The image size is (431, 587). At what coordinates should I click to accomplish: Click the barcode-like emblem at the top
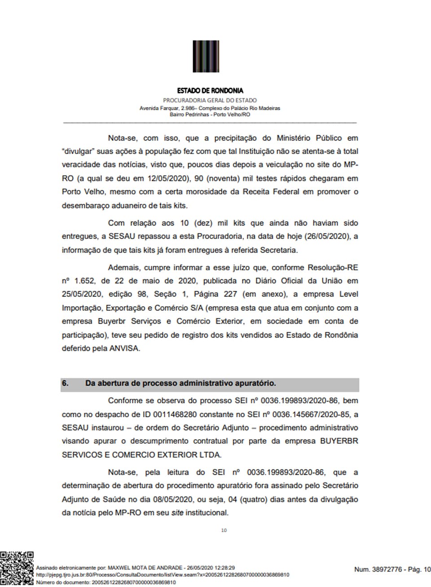coord(206,56)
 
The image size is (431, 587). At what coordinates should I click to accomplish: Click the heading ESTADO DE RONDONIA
coord(210,91)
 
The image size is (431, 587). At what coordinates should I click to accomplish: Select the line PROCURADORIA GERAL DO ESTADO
coord(210,101)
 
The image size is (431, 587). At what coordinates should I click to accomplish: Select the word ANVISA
coord(124,348)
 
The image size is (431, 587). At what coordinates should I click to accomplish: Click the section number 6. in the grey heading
coord(66,384)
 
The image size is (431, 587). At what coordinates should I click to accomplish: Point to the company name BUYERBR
coord(339,441)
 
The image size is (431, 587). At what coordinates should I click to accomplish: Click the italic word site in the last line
coord(177,513)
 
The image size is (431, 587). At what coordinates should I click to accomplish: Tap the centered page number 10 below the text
coord(224,530)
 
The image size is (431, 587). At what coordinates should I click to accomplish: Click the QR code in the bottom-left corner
coord(17,568)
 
